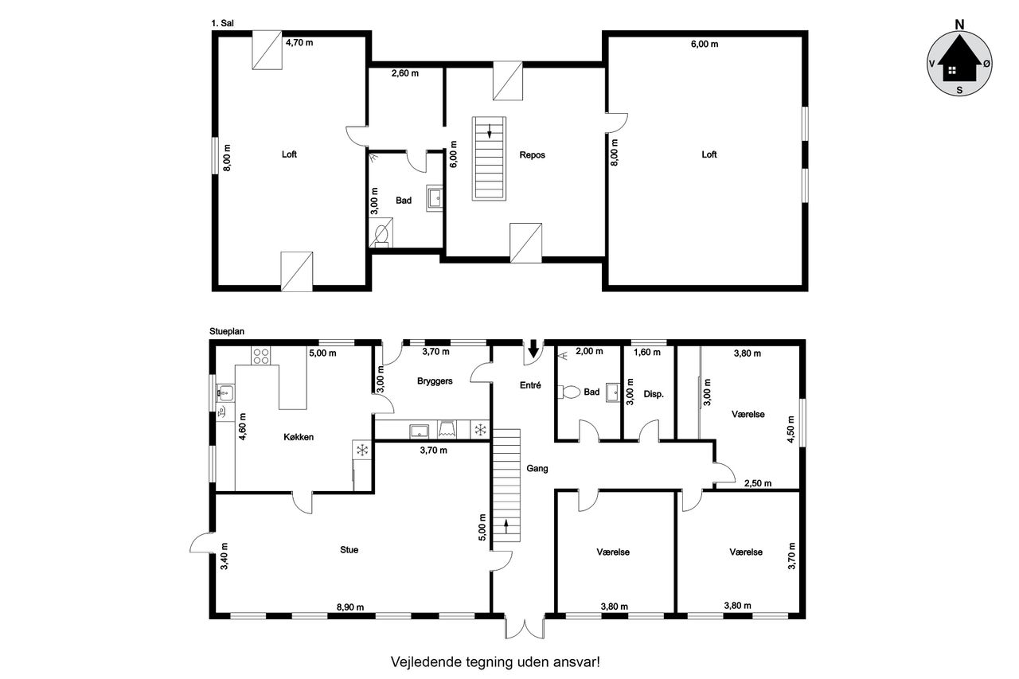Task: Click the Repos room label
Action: coord(532,155)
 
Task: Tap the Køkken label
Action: coord(299,437)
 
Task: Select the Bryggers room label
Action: coord(435,381)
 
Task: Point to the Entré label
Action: coord(530,385)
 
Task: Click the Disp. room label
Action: coord(654,394)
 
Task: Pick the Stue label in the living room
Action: coord(349,550)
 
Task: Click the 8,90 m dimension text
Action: coord(349,607)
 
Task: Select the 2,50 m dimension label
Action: coord(757,483)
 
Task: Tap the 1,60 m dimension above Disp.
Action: coord(647,353)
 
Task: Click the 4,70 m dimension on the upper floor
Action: coord(299,43)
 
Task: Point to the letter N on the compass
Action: coord(959,25)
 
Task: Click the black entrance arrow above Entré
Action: coord(533,349)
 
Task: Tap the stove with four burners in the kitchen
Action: coord(260,356)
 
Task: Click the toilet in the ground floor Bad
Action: coord(569,392)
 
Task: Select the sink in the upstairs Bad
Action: coord(435,198)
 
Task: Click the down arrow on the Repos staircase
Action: coord(490,131)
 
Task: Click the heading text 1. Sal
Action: coord(222,23)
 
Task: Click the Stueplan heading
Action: coord(227,332)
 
